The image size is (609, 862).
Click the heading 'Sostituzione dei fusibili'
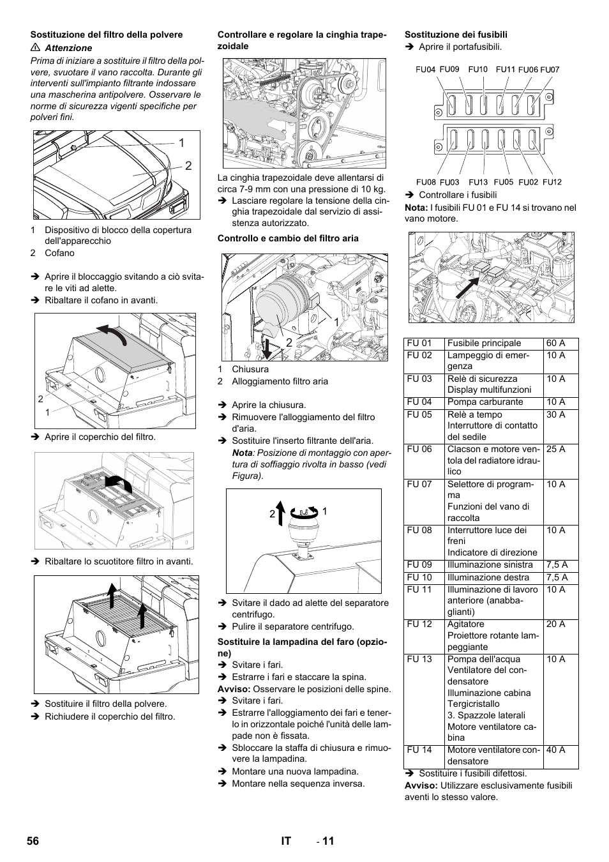[x=456, y=34]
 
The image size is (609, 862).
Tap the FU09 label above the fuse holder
[x=449, y=69]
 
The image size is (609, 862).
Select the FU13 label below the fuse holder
[x=477, y=182]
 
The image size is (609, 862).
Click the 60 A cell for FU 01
[x=555, y=344]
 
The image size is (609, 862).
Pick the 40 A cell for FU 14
[x=555, y=750]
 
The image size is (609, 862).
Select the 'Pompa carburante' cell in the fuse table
[x=485, y=402]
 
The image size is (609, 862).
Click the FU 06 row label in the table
[x=419, y=450]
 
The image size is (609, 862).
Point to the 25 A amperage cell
[x=555, y=450]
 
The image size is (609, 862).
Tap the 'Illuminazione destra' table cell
[x=488, y=577]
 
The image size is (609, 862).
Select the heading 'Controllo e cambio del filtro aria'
[x=288, y=238]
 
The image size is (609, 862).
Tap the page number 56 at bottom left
[x=33, y=841]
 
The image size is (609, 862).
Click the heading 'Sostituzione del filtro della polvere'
[x=107, y=34]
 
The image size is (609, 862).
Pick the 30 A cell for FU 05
[x=555, y=415]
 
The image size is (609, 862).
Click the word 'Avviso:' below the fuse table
[x=422, y=785]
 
